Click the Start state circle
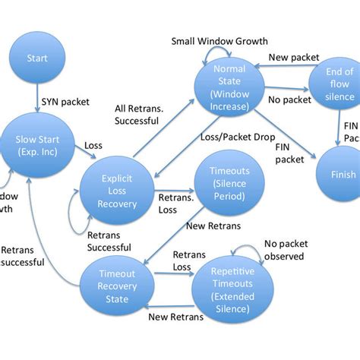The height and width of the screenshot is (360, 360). [36, 58]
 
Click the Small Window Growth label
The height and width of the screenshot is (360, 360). [219, 41]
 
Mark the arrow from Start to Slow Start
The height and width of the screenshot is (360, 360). [36, 100]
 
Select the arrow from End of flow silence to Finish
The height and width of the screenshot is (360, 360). [337, 129]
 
